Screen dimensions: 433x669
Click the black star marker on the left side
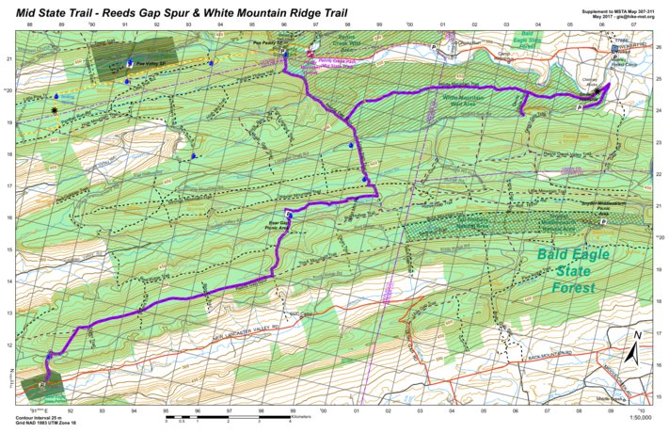(x=56, y=110)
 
